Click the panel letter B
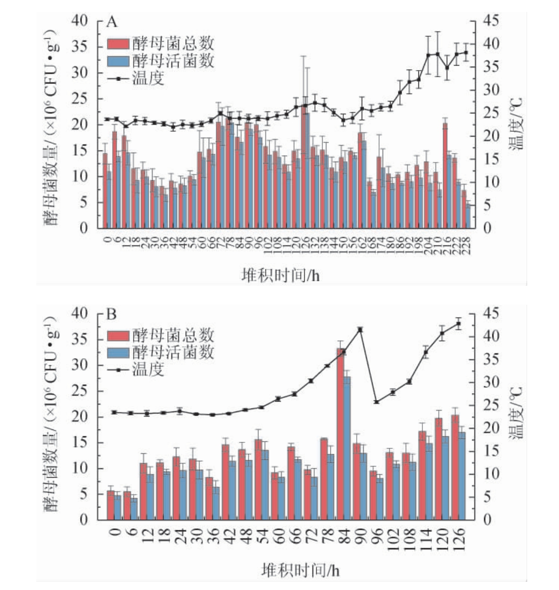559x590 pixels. click(112, 315)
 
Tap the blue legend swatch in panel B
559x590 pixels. click(117, 352)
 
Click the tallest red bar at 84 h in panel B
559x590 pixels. click(340, 432)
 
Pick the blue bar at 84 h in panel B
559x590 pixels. click(347, 447)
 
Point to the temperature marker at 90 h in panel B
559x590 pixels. click(360, 330)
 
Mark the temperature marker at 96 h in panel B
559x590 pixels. click(376, 402)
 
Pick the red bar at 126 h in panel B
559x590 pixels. click(455, 467)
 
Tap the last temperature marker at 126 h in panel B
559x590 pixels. click(459, 324)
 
